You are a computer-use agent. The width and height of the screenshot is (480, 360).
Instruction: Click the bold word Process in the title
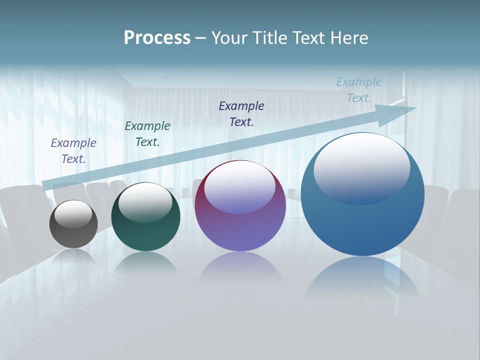pos(157,38)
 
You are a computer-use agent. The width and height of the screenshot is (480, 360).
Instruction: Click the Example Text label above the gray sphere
pos(73,151)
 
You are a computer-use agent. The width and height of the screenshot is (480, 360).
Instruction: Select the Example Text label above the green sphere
pos(147,134)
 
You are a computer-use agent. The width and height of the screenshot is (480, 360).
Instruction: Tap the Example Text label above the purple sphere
pos(241,113)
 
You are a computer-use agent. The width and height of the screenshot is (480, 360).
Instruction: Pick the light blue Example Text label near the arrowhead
pos(359,90)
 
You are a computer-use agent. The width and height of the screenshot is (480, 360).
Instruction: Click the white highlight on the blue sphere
pos(362,167)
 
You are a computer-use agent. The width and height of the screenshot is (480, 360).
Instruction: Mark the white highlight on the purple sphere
pos(240,187)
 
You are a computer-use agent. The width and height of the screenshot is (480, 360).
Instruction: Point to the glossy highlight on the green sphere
pos(145,202)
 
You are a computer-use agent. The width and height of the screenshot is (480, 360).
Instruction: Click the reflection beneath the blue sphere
pos(362,277)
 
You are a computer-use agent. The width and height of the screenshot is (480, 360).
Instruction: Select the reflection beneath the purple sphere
pos(240,267)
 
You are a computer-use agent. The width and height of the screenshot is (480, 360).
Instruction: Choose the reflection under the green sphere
pos(145,263)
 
